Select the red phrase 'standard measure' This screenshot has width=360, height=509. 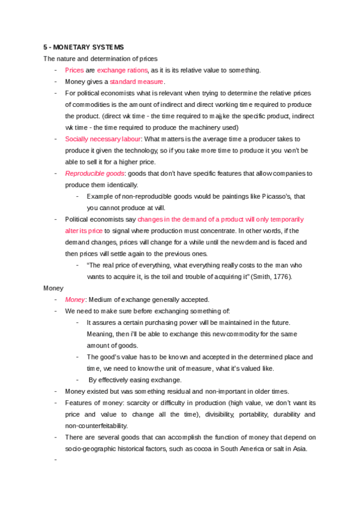click(136, 82)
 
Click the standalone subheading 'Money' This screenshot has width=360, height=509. click(53, 288)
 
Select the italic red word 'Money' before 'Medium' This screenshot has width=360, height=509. click(75, 299)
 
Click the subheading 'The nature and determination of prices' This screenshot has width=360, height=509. click(100, 59)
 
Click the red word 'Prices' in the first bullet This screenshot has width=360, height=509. click(74, 70)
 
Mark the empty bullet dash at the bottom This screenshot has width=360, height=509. click(55, 459)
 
